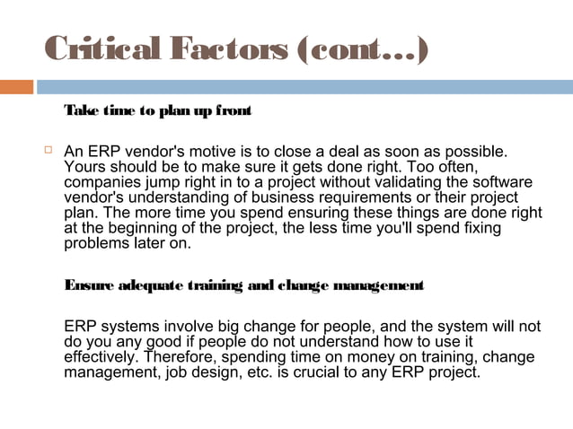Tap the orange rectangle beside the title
point(16,87)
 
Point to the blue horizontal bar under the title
point(305,87)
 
